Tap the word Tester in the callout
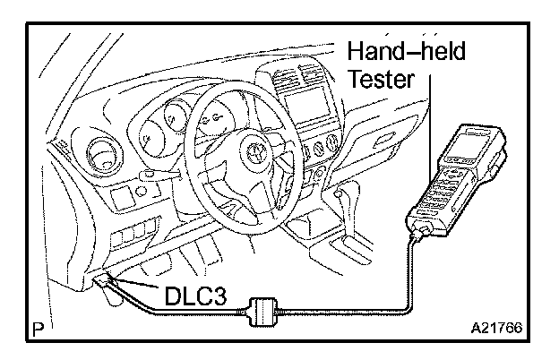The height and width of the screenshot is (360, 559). [x=380, y=79]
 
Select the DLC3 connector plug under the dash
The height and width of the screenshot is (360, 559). [x=104, y=283]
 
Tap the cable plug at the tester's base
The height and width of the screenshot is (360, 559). [x=418, y=236]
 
